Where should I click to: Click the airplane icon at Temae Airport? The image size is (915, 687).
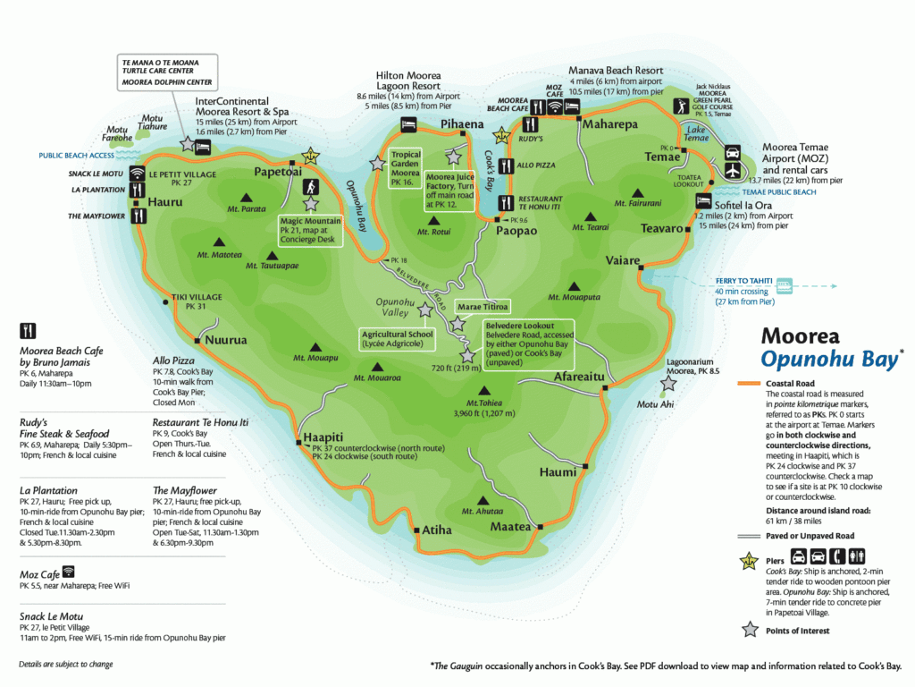733,168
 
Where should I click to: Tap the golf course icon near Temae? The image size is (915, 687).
683,106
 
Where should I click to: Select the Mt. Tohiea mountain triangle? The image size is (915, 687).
484,390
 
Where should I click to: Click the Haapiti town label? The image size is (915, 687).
323,437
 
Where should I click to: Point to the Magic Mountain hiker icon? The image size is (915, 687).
310,187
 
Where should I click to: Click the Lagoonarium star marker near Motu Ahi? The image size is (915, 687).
667,384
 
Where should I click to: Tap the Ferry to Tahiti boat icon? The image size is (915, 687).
784,285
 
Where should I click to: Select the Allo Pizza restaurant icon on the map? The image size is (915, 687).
506,166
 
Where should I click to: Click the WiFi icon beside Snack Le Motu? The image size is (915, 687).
137,173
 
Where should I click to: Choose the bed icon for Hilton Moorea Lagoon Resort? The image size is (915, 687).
409,123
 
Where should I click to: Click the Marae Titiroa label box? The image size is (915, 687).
483,307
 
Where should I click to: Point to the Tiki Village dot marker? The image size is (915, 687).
166,303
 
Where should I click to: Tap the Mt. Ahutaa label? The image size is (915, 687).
483,511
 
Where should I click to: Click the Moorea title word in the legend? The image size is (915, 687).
800,336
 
